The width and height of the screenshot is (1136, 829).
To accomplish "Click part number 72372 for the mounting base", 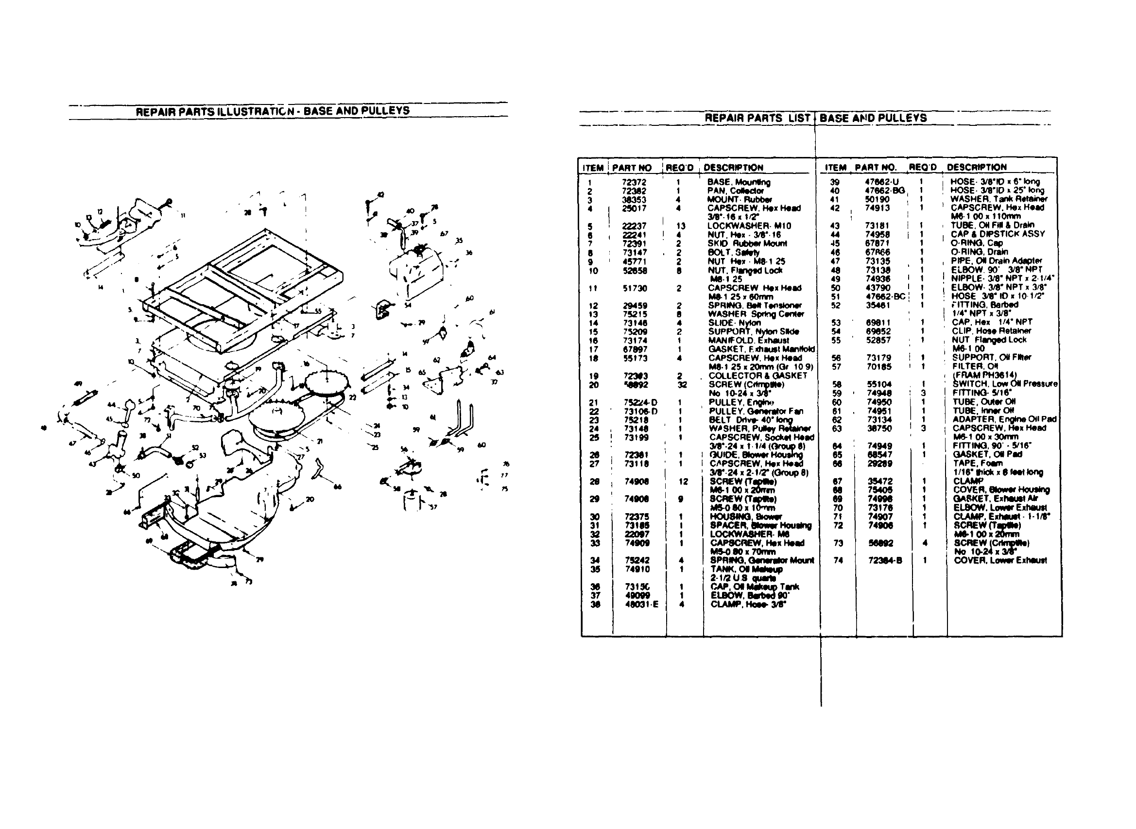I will pyautogui.click(x=634, y=182).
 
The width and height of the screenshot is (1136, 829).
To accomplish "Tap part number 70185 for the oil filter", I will pyautogui.click(x=879, y=367).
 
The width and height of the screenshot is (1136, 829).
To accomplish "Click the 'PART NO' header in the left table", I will pyautogui.click(x=632, y=168).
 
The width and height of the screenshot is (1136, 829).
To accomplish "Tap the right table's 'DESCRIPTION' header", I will pyautogui.click(x=977, y=167).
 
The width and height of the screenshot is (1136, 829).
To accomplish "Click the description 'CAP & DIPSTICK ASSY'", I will pyautogui.click(x=998, y=234).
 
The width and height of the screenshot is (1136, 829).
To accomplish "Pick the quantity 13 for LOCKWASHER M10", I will pyautogui.click(x=680, y=226).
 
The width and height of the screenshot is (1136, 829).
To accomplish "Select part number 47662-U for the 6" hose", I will pyautogui.click(x=881, y=182).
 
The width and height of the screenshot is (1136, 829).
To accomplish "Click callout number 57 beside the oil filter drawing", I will pyautogui.click(x=433, y=507).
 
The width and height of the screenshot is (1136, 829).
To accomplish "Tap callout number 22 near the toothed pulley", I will pyautogui.click(x=352, y=397).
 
